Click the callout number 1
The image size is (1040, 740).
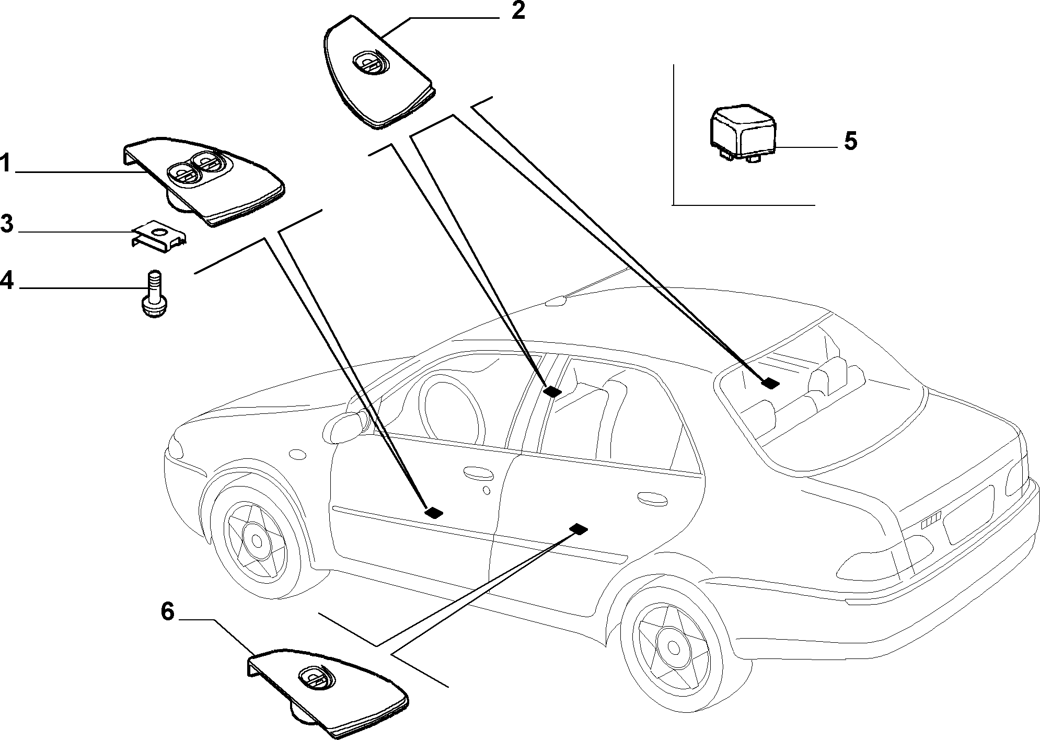tap(5, 164)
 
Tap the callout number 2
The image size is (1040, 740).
tap(517, 10)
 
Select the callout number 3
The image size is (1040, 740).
tap(6, 224)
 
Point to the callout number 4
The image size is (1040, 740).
tap(6, 280)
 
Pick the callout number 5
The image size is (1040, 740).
tap(851, 141)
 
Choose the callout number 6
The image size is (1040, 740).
tap(167, 611)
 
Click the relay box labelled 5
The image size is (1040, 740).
tap(742, 134)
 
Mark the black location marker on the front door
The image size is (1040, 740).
tap(433, 513)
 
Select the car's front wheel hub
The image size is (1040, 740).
tap(257, 540)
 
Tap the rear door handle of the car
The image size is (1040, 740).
tap(652, 498)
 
